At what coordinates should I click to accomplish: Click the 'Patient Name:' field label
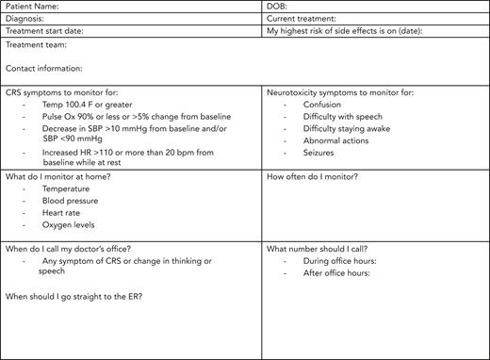[x=30, y=7]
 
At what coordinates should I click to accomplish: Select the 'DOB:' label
[x=277, y=7]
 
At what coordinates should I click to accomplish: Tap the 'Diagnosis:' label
[x=24, y=19]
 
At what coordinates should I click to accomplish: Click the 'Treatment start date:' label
[x=42, y=31]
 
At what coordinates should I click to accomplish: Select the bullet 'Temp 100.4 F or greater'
[x=85, y=105]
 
